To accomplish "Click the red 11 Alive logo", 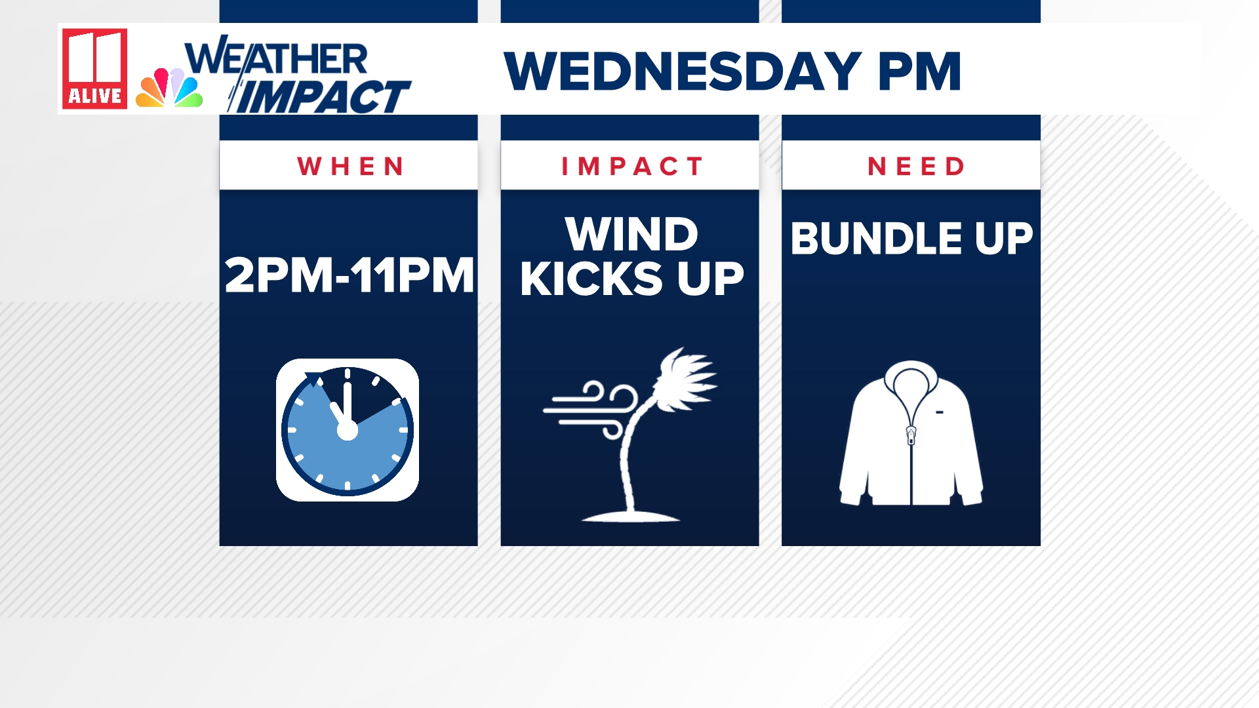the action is click(94, 68).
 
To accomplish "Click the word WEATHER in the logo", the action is click(276, 59).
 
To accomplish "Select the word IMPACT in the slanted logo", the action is click(321, 96).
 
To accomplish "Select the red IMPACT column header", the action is click(632, 167).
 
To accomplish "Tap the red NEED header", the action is click(916, 167).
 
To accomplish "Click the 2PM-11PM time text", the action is click(350, 275).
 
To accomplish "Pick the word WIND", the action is click(631, 234).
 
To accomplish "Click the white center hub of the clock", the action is click(347, 431).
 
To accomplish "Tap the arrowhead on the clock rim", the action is click(315, 378).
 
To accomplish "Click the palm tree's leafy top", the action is click(685, 379).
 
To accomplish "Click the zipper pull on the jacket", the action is click(911, 435).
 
